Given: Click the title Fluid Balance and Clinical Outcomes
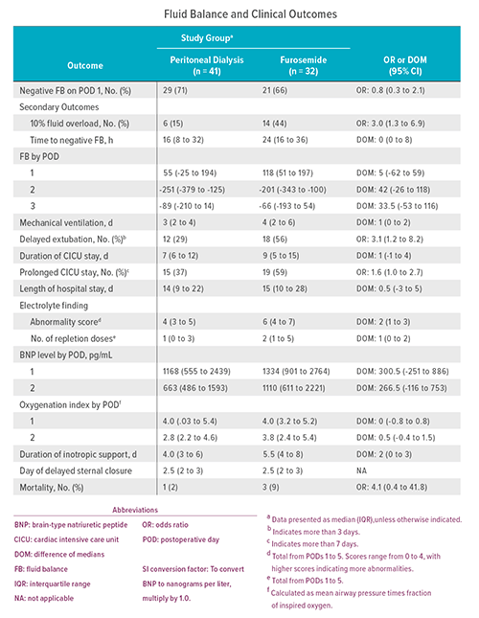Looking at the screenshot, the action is point(239,14).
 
